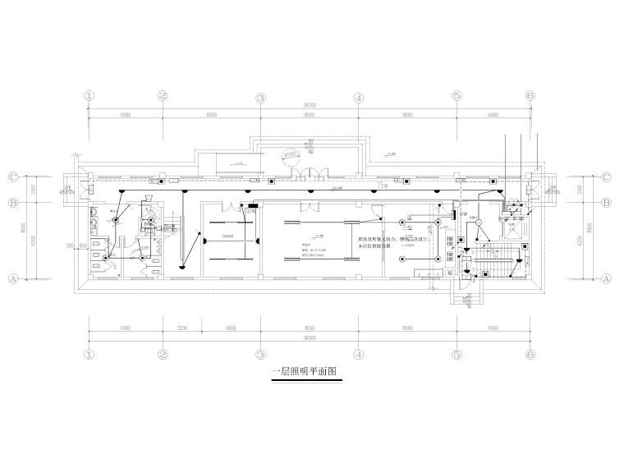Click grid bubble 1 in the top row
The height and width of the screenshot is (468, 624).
pos(89,97)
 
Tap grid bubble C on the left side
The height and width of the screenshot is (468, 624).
pos(13,177)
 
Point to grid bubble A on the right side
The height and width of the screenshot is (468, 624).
pos(607,278)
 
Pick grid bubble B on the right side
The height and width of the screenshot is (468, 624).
pos(607,202)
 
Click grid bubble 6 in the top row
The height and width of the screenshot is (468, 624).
pos(530,97)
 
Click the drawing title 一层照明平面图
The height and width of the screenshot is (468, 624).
pos(304,371)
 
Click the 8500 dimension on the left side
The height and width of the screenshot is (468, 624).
pos(25,227)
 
